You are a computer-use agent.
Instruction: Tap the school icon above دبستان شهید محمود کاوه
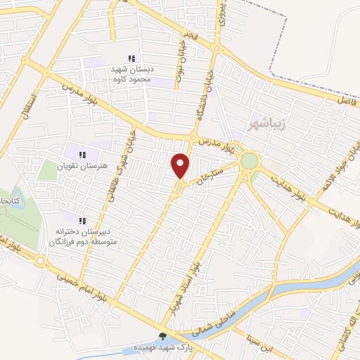click(x=130, y=58)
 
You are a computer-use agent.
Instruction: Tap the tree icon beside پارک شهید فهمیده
click(x=164, y=337)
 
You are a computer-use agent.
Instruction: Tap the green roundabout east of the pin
click(x=249, y=161)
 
